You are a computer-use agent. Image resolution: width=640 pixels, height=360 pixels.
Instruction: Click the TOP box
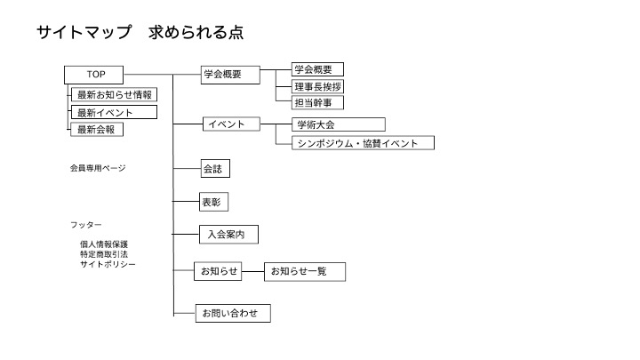click(94, 75)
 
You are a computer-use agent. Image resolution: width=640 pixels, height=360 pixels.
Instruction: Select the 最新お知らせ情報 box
click(115, 95)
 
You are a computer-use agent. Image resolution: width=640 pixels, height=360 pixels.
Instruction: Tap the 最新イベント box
click(115, 112)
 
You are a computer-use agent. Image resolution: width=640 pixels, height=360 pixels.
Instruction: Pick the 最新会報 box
click(97, 130)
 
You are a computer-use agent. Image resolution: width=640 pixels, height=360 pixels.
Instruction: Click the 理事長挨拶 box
click(317, 86)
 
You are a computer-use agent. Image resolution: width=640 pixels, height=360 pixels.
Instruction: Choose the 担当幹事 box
click(317, 102)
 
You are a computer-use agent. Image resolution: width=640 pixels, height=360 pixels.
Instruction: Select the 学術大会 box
click(339, 124)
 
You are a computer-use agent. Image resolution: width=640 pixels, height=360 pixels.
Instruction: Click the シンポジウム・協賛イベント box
click(363, 143)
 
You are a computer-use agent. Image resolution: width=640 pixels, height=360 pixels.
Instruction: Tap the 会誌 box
click(215, 169)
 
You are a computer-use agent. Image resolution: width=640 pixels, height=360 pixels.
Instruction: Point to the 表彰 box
click(213, 202)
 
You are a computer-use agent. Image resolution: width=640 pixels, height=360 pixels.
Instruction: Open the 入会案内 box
click(228, 235)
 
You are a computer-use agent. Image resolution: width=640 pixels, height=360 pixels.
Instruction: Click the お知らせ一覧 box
click(305, 272)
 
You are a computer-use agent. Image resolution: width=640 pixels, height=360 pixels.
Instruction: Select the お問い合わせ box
click(233, 314)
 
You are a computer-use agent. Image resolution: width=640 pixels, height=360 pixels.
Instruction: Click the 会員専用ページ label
click(98, 168)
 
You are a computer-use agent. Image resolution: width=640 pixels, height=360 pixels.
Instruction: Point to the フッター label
click(85, 225)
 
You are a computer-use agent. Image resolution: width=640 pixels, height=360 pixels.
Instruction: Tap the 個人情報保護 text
click(104, 244)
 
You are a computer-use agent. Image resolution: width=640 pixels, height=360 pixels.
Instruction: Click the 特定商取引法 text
click(104, 254)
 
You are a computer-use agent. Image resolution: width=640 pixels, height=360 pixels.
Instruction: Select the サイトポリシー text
click(108, 264)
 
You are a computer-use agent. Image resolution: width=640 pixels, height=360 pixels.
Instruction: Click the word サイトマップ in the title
click(84, 32)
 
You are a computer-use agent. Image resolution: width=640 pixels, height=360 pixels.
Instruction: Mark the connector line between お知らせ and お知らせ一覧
click(253, 271)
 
